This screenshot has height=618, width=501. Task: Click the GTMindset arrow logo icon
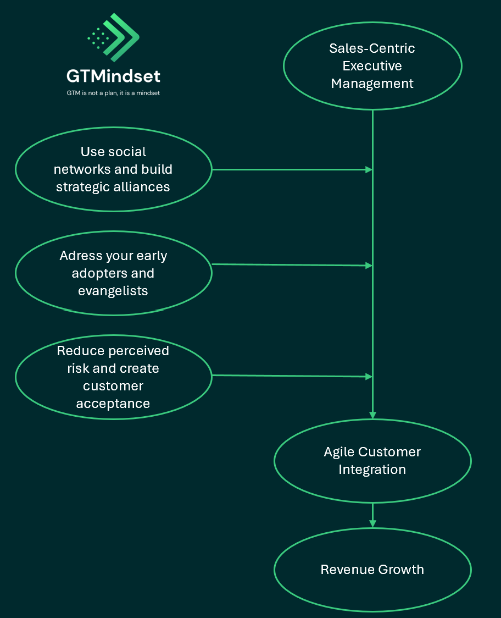114,37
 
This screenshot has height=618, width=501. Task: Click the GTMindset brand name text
113,76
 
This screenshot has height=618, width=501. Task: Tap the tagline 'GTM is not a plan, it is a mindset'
113,93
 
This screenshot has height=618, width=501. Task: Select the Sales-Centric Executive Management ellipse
372,66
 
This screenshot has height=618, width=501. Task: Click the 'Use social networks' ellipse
113,169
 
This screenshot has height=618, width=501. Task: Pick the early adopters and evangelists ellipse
113,273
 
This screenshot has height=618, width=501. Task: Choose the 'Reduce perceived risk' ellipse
113,377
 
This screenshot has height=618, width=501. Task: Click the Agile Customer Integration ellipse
372,461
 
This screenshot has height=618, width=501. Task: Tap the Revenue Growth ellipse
372,569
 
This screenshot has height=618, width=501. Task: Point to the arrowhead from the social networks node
370,170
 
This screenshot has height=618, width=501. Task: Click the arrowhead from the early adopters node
370,266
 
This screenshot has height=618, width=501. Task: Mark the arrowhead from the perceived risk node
370,377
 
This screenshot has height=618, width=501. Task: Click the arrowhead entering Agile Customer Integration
373,415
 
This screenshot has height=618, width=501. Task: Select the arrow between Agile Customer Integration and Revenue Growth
373,516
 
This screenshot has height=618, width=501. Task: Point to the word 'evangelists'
113,291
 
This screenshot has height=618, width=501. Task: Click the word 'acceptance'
113,404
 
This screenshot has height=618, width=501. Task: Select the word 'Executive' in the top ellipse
372,66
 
